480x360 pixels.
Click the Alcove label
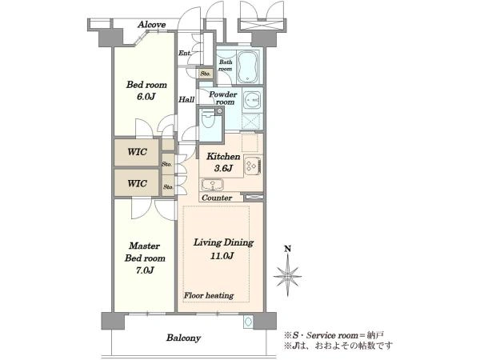tap(151, 25)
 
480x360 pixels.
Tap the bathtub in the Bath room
tap(249, 67)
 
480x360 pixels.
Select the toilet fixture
tap(209, 122)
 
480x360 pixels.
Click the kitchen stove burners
tap(253, 166)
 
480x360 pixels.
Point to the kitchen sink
tap(213, 186)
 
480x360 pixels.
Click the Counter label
tap(217, 198)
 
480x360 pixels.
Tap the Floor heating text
tap(209, 295)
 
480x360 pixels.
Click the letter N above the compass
tap(288, 249)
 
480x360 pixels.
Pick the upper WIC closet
tap(137, 153)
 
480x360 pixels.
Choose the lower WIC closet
tap(137, 183)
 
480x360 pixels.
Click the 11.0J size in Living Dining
tap(222, 256)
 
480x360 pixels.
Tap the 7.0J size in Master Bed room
tap(144, 270)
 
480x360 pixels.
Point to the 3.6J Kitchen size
tap(223, 168)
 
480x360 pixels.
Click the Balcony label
tap(183, 338)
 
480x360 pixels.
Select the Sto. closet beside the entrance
tap(206, 74)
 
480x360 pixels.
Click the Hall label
tap(186, 99)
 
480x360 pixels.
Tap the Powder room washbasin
tap(253, 100)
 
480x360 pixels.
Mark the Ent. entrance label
tap(185, 54)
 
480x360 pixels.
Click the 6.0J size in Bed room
tap(146, 97)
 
